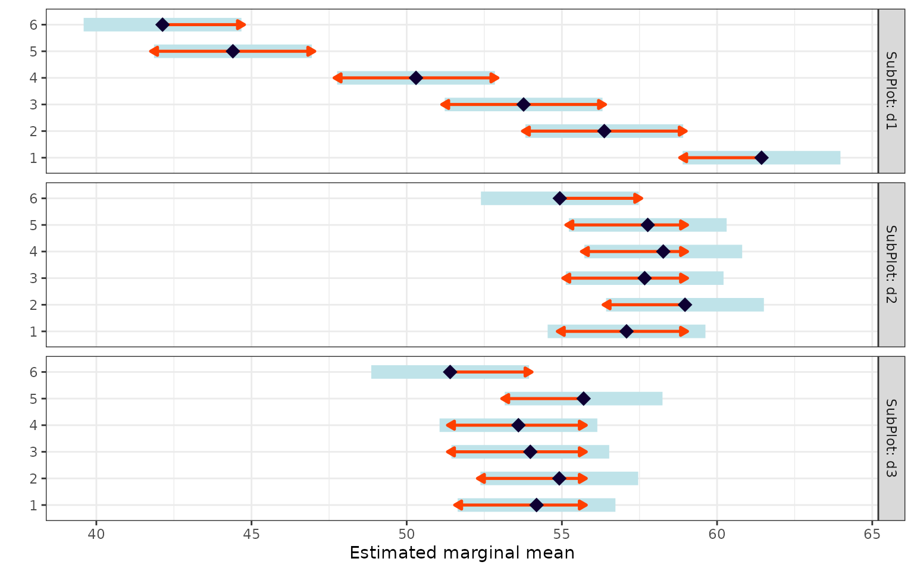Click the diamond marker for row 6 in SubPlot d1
click(x=162, y=24)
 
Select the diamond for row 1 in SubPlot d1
click(x=761, y=158)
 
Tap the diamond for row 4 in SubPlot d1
click(x=416, y=78)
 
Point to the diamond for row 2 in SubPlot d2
click(x=685, y=305)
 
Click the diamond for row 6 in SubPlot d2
click(x=559, y=198)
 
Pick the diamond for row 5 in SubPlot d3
click(x=584, y=399)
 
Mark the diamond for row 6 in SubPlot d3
click(x=450, y=372)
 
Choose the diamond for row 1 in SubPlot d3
click(x=536, y=505)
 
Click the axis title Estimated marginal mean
click(x=462, y=553)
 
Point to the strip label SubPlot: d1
click(x=891, y=91)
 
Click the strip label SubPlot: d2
click(x=891, y=265)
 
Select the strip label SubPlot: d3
click(x=891, y=438)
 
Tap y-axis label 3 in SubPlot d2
click(x=34, y=278)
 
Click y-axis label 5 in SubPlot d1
click(x=34, y=51)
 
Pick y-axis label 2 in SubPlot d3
click(x=34, y=478)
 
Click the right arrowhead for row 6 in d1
click(x=242, y=24)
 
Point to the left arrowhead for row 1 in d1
click(x=683, y=158)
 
